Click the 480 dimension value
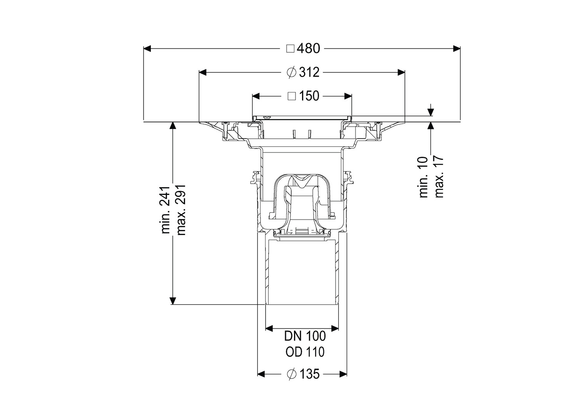[309, 49]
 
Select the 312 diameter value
[309, 72]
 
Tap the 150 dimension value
[309, 96]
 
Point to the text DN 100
[305, 336]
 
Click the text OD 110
[305, 352]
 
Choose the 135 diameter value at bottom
[309, 374]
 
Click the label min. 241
[166, 210]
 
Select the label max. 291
[181, 210]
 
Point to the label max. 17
[439, 177]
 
